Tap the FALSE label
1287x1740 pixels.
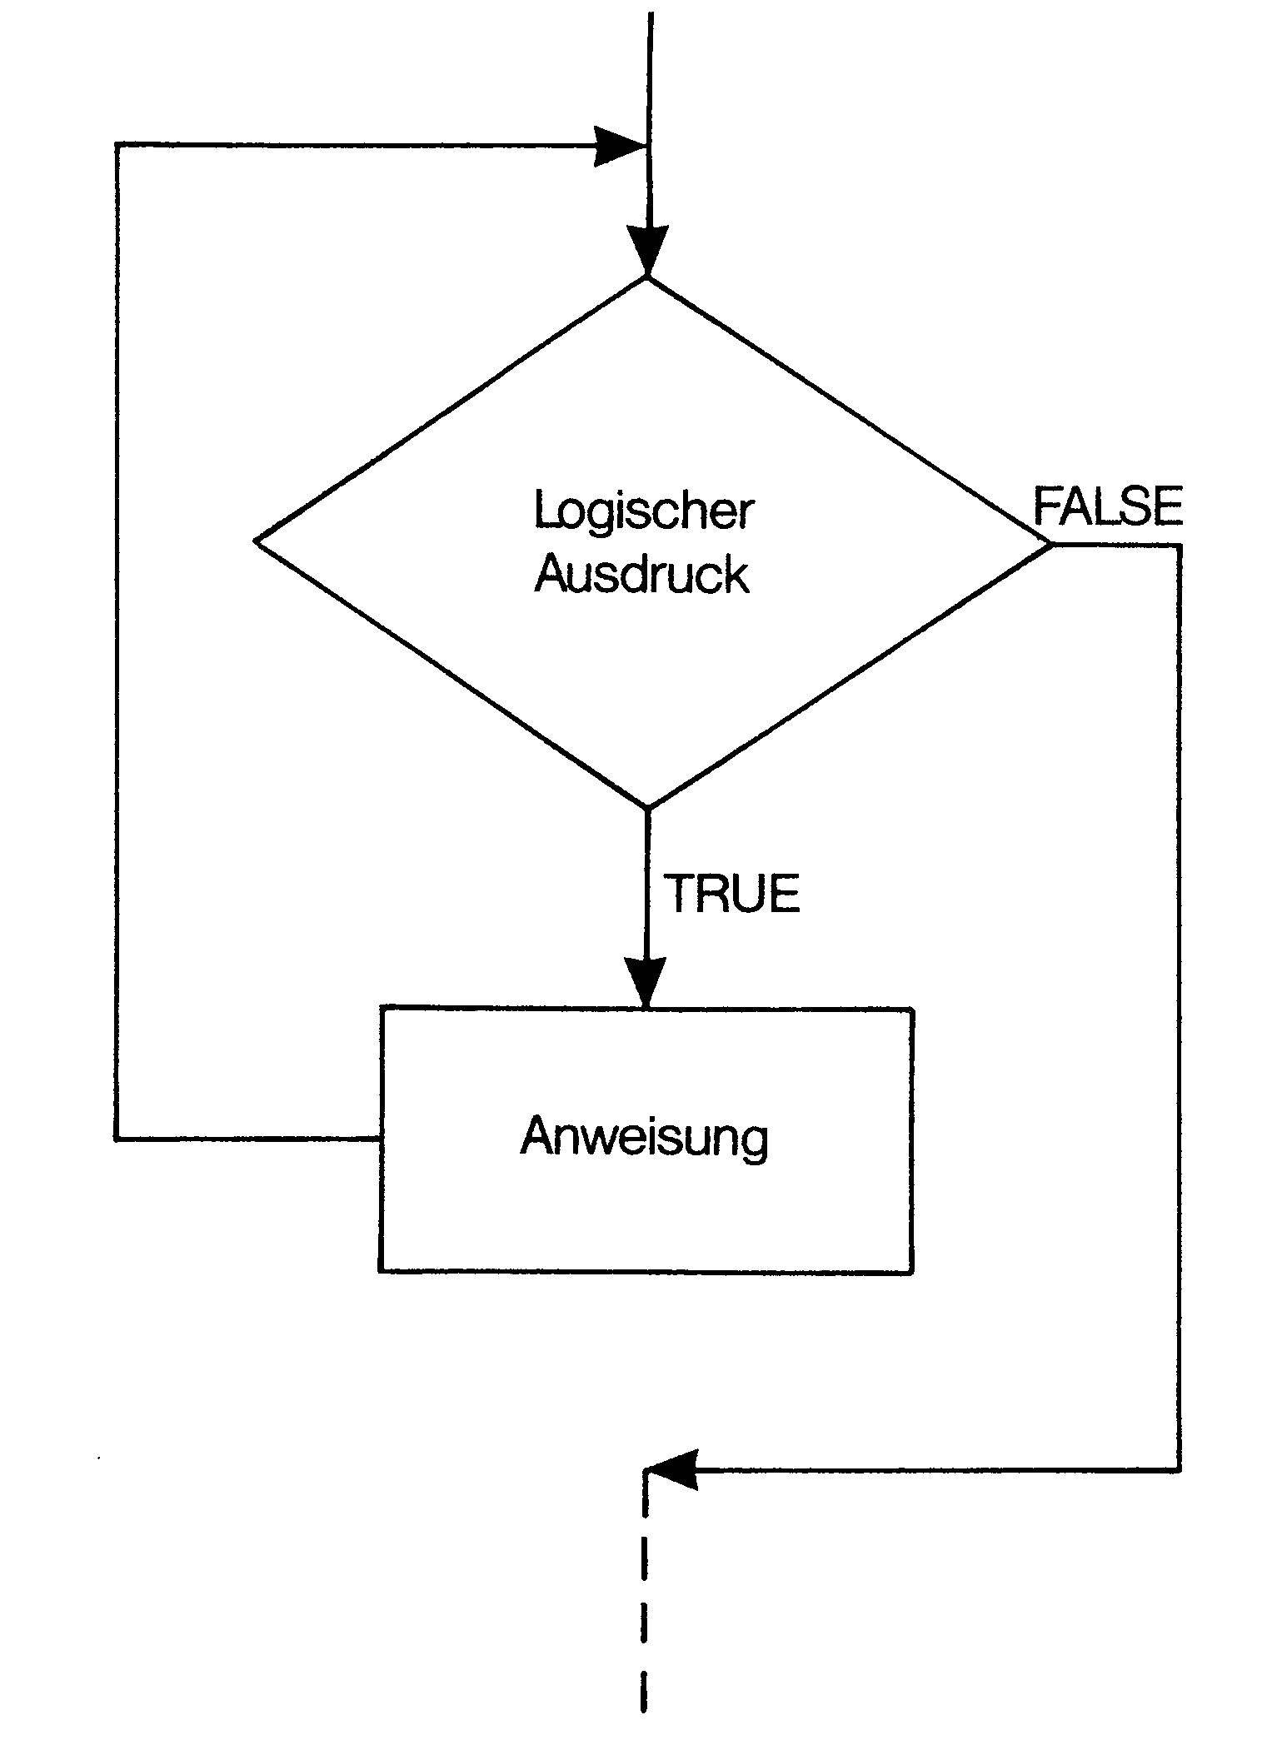click(1108, 506)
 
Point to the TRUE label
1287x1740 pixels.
click(731, 894)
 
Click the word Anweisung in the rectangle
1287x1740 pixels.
click(644, 1136)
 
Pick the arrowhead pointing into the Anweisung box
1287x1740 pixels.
click(646, 983)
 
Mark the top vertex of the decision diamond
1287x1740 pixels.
click(647, 277)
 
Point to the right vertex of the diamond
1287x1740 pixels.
click(1051, 545)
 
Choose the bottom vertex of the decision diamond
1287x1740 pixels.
click(647, 807)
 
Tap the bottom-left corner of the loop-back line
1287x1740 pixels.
click(117, 1137)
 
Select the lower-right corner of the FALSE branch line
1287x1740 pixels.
click(1179, 1470)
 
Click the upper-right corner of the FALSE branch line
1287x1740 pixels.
click(1179, 546)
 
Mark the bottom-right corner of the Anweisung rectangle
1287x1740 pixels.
click(913, 1272)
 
